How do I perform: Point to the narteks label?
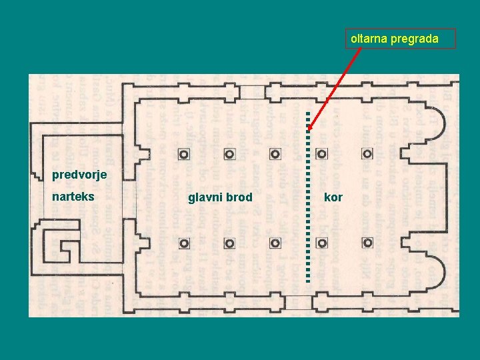coord(73,197)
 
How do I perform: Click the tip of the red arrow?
coord(309,130)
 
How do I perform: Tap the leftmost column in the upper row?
coord(183,154)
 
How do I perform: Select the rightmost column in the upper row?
coord(367,154)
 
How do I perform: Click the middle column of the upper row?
coord(275,154)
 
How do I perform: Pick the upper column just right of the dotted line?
coord(321,154)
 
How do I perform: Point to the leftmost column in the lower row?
coord(183,242)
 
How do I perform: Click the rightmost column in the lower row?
coord(367,242)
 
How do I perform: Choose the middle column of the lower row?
coord(275,242)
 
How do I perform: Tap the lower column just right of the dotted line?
coord(321,242)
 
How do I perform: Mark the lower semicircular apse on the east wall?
coord(434,267)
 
